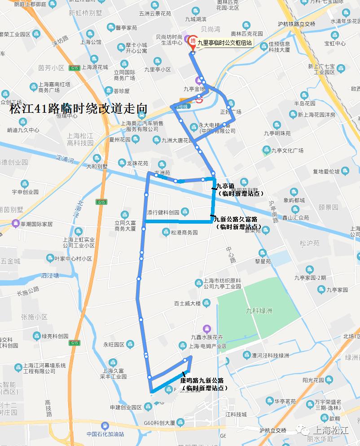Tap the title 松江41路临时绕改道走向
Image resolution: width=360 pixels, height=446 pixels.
(79, 108)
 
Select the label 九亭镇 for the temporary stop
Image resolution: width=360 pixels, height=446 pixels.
(225, 186)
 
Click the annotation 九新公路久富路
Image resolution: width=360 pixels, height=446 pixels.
(236, 219)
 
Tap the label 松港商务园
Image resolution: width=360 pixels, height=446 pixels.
(184, 233)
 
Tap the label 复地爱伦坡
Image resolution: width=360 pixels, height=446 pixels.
(327, 171)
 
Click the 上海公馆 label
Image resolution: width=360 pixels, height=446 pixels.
(91, 43)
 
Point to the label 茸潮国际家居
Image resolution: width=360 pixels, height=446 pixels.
(36, 224)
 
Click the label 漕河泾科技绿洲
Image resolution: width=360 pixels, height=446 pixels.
(270, 355)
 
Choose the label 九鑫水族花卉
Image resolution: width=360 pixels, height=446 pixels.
(206, 337)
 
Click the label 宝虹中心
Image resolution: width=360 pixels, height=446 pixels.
(335, 44)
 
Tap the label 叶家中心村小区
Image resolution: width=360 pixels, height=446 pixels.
(73, 259)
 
